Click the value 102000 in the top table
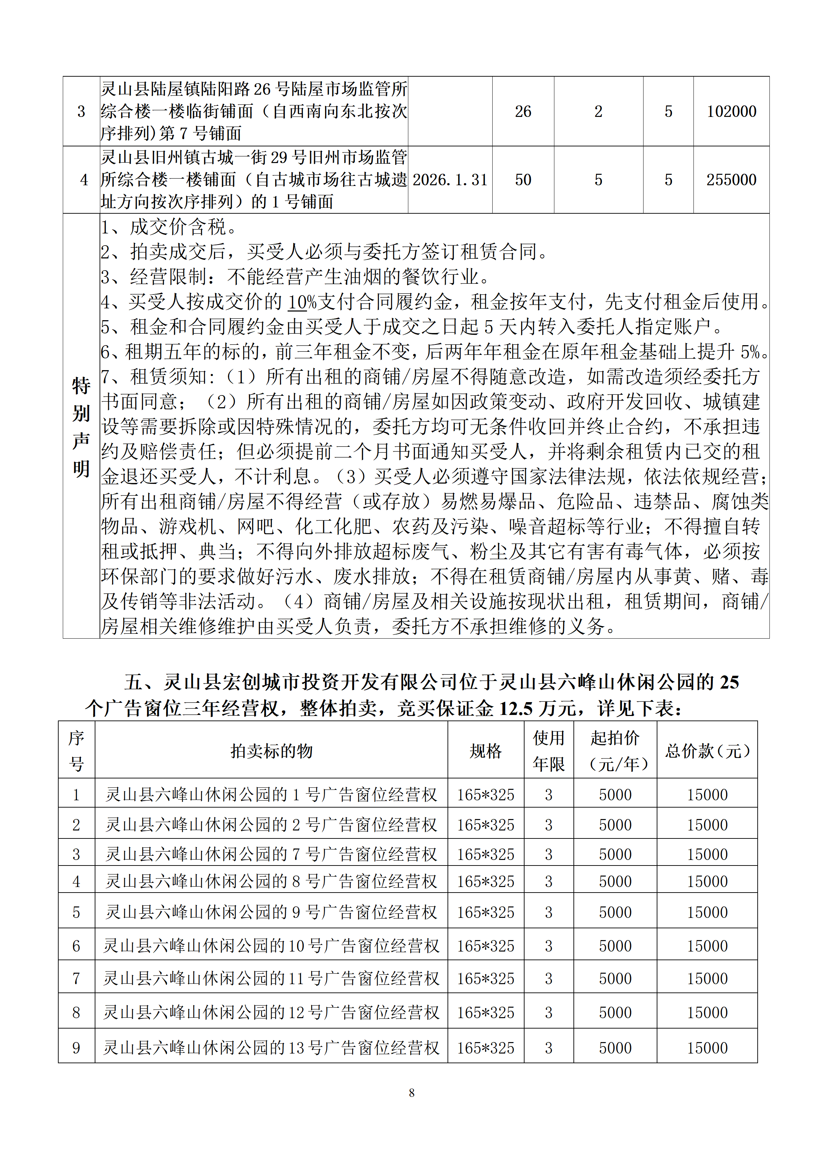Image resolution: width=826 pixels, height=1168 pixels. point(731,111)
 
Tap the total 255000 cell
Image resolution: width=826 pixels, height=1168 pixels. point(731,180)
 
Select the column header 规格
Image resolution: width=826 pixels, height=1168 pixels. point(485,751)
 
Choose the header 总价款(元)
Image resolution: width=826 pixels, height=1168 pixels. point(707,751)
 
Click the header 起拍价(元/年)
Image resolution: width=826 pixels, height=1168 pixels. point(615,751)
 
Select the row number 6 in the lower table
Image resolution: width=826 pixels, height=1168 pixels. point(76,946)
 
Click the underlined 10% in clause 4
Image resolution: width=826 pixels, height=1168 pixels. point(302,302)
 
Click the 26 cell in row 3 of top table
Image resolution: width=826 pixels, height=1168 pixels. point(523,111)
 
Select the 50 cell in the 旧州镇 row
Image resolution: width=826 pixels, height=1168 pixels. point(523,180)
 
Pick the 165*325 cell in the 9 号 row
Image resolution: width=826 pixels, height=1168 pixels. point(485,912)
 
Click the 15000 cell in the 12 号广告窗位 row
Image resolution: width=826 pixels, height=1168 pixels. point(707,1012)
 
